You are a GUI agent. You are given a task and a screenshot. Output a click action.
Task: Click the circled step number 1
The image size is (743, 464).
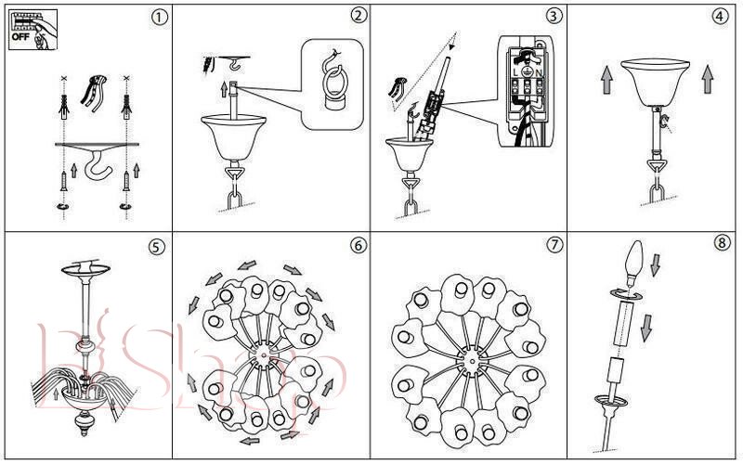163,18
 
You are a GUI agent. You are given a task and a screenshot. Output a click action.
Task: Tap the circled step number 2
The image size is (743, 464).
358,17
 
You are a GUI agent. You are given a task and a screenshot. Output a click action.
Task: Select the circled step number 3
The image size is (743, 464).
554,17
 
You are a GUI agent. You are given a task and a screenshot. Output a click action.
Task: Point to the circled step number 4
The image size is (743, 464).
720,17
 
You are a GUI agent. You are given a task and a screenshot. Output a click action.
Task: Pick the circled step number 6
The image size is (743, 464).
358,246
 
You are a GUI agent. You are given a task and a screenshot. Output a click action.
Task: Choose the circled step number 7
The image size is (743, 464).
554,246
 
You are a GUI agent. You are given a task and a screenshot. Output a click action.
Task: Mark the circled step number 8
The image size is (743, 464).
723,244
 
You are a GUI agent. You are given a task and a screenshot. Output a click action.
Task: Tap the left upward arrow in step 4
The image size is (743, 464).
605,78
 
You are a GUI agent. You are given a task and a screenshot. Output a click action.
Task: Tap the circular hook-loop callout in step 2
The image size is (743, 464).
330,85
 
